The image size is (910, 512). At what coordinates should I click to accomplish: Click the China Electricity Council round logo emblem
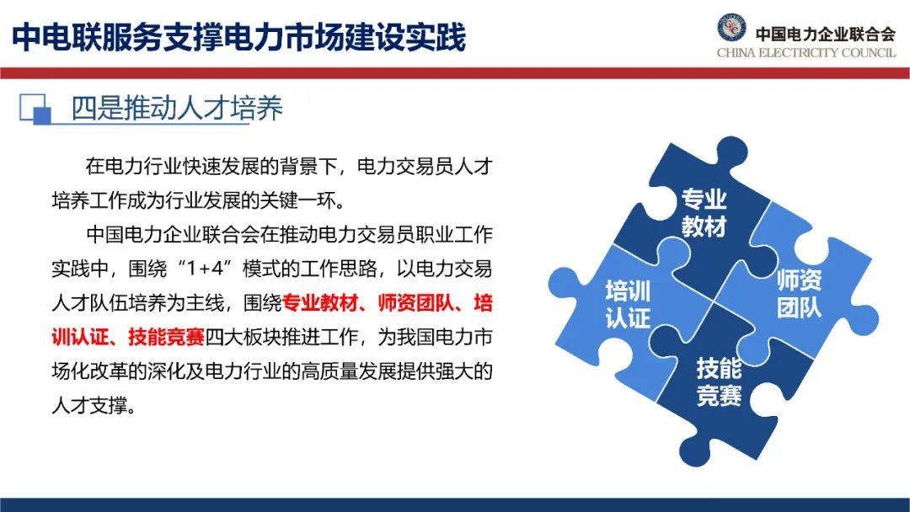(731, 27)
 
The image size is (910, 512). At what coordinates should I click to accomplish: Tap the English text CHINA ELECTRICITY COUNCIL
(806, 53)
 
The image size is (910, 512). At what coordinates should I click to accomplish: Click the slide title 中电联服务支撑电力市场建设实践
(239, 36)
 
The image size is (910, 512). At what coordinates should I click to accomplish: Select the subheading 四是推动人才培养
(177, 109)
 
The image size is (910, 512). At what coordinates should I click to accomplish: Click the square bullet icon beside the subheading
(35, 109)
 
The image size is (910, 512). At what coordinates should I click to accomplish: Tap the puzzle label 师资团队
(799, 293)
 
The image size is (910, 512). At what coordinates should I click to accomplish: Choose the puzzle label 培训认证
(628, 304)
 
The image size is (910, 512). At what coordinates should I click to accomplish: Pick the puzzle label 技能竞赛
(719, 382)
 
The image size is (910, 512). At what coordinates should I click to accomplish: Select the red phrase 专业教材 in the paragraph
(319, 302)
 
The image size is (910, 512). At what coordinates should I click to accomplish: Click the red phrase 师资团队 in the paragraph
(415, 302)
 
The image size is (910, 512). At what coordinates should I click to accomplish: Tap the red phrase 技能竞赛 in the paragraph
(166, 337)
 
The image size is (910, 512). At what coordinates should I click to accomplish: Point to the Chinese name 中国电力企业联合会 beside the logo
(825, 34)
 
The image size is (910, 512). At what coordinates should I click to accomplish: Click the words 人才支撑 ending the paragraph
(89, 405)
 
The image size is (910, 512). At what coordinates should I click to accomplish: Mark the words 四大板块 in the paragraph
(243, 337)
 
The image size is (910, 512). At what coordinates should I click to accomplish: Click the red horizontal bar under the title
(455, 73)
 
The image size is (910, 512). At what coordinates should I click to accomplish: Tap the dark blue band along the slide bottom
(455, 504)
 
